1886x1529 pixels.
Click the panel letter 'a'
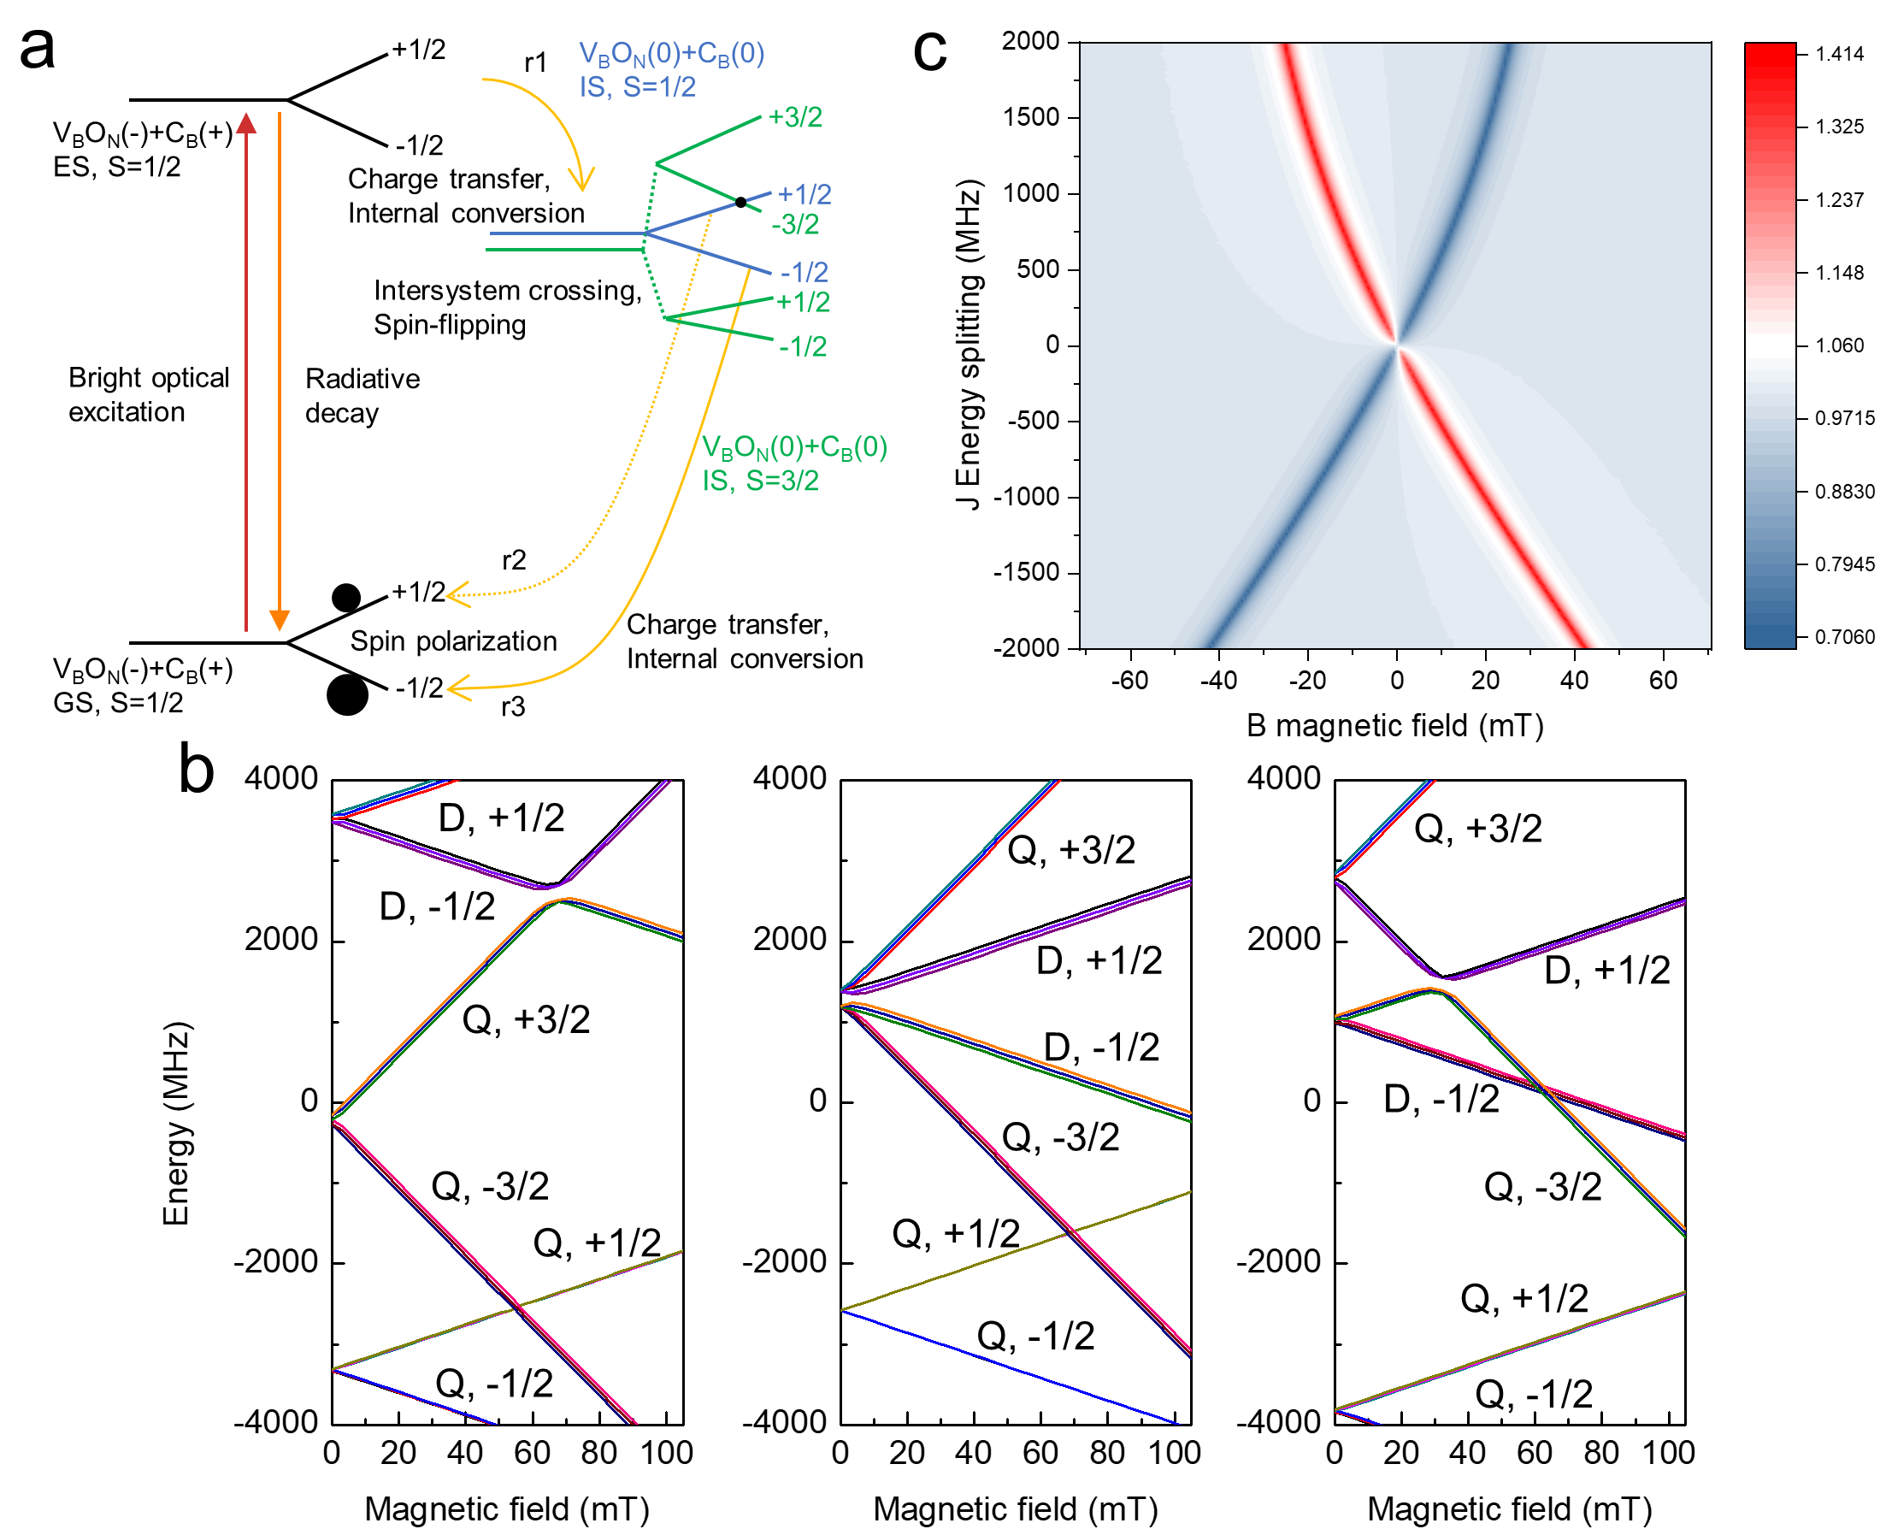coord(37,49)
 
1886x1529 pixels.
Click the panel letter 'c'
coord(930,50)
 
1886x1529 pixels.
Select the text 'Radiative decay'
coord(362,395)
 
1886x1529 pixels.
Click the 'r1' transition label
coord(535,62)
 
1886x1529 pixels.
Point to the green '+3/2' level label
coord(794,117)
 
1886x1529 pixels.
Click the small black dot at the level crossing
coord(740,202)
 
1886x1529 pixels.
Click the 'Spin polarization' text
coord(453,641)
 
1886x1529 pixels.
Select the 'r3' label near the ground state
coord(512,706)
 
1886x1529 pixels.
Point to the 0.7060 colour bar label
coord(1839,636)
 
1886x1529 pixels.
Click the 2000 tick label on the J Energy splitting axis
coord(1030,40)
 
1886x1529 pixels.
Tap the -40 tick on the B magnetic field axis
coord(1218,680)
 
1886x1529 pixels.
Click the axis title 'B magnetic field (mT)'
coord(1394,726)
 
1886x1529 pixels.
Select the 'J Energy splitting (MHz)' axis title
coord(969,345)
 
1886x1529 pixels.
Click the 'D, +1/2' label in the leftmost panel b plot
coord(501,818)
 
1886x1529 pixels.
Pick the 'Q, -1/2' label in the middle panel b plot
coord(1035,1336)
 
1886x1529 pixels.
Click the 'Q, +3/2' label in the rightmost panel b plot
coord(1477,829)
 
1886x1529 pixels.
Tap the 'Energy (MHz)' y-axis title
coord(176,1123)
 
